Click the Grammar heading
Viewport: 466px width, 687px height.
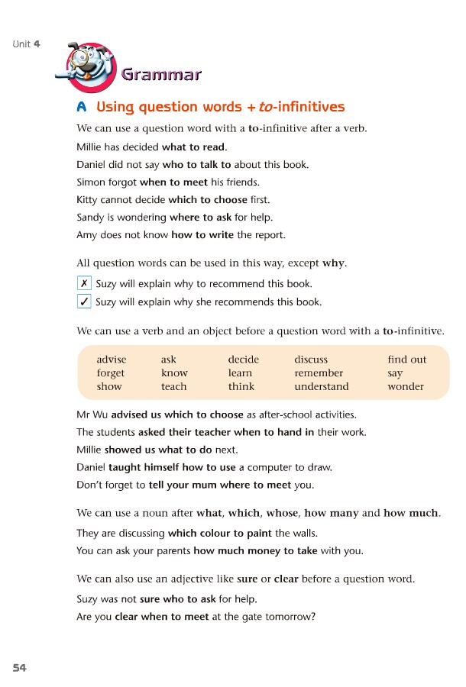[161, 74]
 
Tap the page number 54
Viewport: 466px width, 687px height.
[19, 668]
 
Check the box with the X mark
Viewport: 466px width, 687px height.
[84, 283]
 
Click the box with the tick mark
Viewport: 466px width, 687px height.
[84, 301]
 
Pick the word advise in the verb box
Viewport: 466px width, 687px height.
[112, 360]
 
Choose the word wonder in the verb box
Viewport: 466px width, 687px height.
[405, 386]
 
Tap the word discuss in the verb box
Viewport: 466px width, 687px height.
[310, 360]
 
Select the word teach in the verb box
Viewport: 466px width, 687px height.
[173, 386]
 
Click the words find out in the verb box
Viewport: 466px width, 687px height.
[406, 360]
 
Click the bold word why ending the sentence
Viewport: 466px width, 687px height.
[333, 263]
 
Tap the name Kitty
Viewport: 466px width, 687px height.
[89, 200]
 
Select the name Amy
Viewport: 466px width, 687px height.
[87, 235]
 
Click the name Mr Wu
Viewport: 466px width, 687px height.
[92, 414]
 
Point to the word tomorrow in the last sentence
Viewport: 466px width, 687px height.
[290, 617]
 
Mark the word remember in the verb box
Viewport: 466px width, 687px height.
[319, 373]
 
